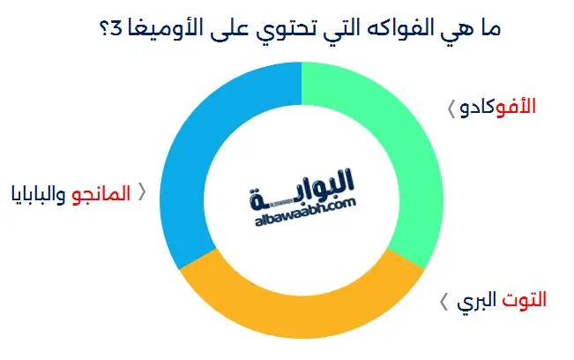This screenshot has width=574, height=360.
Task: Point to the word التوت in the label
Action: (x=524, y=301)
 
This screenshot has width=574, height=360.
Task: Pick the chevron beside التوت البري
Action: (x=444, y=302)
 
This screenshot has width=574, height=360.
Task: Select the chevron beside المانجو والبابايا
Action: (x=138, y=193)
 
